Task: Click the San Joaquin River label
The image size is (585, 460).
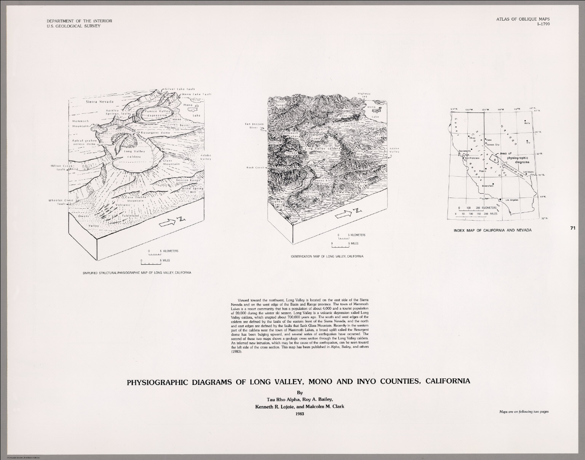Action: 253,125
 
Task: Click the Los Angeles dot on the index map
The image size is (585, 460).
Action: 500,199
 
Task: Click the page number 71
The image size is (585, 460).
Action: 572,228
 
